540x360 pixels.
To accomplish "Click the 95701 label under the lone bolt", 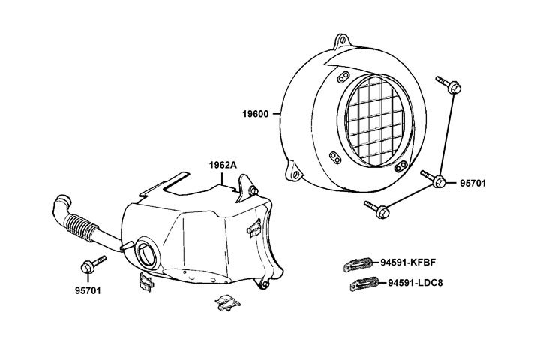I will [x=89, y=289].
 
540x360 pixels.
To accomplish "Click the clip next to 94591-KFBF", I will [x=358, y=262].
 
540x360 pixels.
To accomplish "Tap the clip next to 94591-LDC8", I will [x=365, y=284].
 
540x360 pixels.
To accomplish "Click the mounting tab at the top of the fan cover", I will [x=343, y=39].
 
